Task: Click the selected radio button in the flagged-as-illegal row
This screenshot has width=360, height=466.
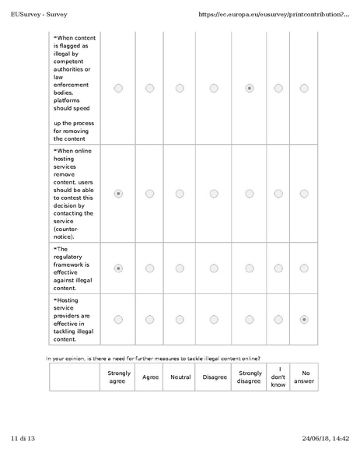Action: click(249, 89)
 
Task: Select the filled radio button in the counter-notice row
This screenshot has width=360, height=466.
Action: click(118, 194)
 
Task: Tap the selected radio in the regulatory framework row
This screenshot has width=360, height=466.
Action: click(118, 268)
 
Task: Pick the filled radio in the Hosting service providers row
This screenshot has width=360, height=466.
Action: click(304, 319)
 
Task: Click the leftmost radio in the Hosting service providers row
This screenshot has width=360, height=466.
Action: click(118, 319)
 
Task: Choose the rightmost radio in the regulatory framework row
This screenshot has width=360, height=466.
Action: click(304, 268)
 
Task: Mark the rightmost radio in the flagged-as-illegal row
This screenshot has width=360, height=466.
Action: click(304, 89)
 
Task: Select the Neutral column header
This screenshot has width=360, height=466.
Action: click(180, 377)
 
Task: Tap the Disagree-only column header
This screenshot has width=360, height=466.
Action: click(215, 377)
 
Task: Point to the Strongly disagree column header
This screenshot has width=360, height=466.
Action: click(250, 377)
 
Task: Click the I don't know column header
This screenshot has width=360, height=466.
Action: click(278, 377)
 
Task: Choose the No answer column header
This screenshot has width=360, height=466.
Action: click(304, 377)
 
